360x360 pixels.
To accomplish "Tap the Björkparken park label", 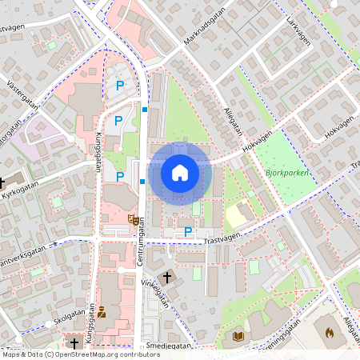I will pyautogui.click(x=286, y=172).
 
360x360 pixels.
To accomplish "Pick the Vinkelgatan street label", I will pyautogui.click(x=155, y=294).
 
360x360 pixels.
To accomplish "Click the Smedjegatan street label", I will pyautogui.click(x=170, y=346).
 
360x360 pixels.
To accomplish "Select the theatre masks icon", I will pyautogui.click(x=132, y=219).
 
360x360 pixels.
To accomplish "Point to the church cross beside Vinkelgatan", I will pyautogui.click(x=166, y=278).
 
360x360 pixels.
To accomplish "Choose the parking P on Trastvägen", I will pyautogui.click(x=188, y=231).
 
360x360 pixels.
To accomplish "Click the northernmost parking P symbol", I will pyautogui.click(x=121, y=85).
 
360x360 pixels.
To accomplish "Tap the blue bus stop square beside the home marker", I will pyautogui.click(x=142, y=182).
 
